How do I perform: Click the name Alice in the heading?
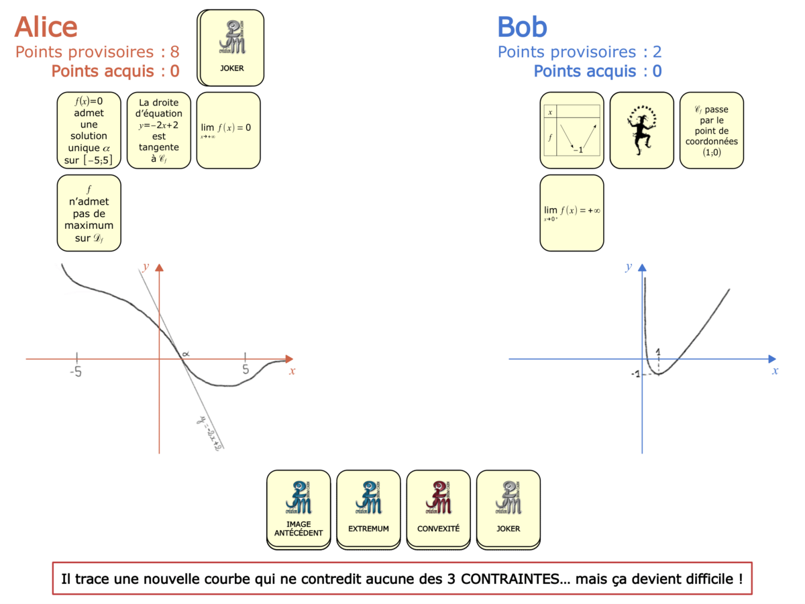(46, 27)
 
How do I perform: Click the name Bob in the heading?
(522, 27)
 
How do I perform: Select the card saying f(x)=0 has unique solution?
(89, 130)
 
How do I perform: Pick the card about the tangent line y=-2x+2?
(159, 130)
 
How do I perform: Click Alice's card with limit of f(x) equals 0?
(228, 130)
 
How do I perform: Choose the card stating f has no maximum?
(89, 213)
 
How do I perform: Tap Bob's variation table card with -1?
(572, 130)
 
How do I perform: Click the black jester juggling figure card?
(641, 130)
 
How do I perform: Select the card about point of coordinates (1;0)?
(711, 130)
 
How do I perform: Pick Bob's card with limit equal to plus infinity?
(572, 213)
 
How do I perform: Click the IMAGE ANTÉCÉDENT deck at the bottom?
(299, 508)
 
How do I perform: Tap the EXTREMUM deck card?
(368, 508)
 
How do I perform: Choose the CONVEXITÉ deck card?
(438, 508)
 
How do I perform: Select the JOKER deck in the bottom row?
(508, 508)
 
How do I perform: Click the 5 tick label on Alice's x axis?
(246, 370)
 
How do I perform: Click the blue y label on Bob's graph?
(629, 266)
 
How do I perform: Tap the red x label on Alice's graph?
(292, 370)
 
